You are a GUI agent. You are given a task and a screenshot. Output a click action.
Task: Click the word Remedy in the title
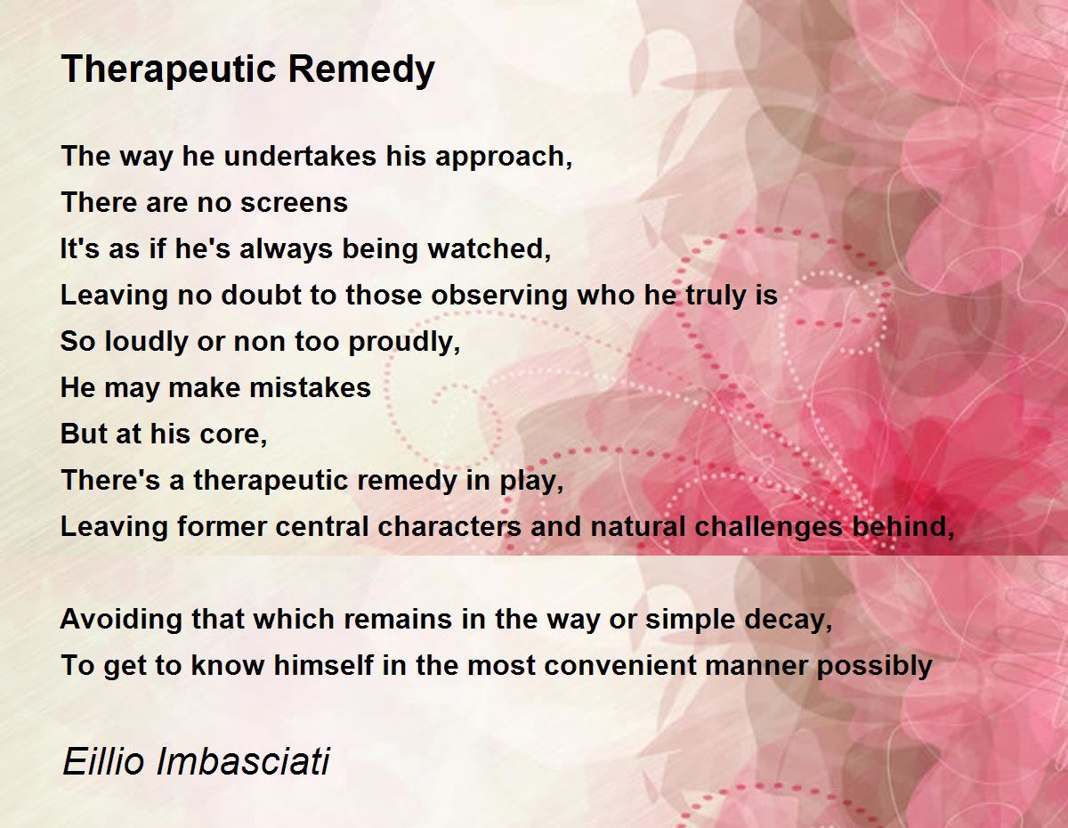(361, 69)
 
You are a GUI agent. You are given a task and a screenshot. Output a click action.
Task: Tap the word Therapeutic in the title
(168, 69)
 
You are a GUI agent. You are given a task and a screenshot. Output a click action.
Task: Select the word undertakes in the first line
(300, 157)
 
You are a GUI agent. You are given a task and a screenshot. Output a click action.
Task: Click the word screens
(294, 203)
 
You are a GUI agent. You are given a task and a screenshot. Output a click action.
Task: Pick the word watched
(489, 248)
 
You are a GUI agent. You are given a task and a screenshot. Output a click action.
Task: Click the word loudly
(147, 342)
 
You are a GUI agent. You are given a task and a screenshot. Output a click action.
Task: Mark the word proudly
(404, 342)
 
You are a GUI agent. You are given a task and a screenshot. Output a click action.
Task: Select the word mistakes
(310, 387)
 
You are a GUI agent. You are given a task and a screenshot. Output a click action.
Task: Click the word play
(531, 481)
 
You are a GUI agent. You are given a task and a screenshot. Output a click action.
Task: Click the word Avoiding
(121, 620)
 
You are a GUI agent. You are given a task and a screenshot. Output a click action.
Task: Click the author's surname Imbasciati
(242, 761)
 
